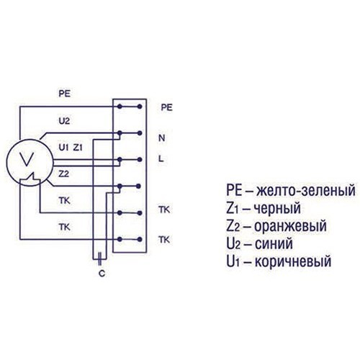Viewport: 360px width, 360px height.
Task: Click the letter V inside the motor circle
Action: [27, 159]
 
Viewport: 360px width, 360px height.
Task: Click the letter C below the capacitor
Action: [102, 274]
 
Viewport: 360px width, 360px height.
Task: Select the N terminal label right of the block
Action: [162, 138]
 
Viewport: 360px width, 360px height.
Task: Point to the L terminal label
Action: [161, 158]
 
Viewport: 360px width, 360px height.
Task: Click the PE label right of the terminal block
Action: [166, 107]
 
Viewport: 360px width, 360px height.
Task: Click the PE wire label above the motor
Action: [65, 94]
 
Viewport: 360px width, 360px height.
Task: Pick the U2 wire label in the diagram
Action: [64, 121]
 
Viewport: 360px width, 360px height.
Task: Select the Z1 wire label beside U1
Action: [78, 148]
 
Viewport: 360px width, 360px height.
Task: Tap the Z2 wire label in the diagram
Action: [64, 174]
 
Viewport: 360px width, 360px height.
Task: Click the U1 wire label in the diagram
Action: [63, 148]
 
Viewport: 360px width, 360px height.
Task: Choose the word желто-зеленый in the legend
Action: [305, 190]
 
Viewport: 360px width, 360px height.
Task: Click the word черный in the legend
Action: [277, 208]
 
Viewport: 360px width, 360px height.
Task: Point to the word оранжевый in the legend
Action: [290, 226]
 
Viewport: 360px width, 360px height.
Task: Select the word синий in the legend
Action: [274, 243]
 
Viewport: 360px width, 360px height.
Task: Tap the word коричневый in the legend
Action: [293, 261]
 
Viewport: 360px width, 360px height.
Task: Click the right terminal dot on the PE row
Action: [140, 107]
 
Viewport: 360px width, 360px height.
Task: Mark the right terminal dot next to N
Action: [140, 133]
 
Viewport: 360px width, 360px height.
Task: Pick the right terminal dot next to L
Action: [140, 160]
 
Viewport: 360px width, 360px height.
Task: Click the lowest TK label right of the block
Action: [164, 240]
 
